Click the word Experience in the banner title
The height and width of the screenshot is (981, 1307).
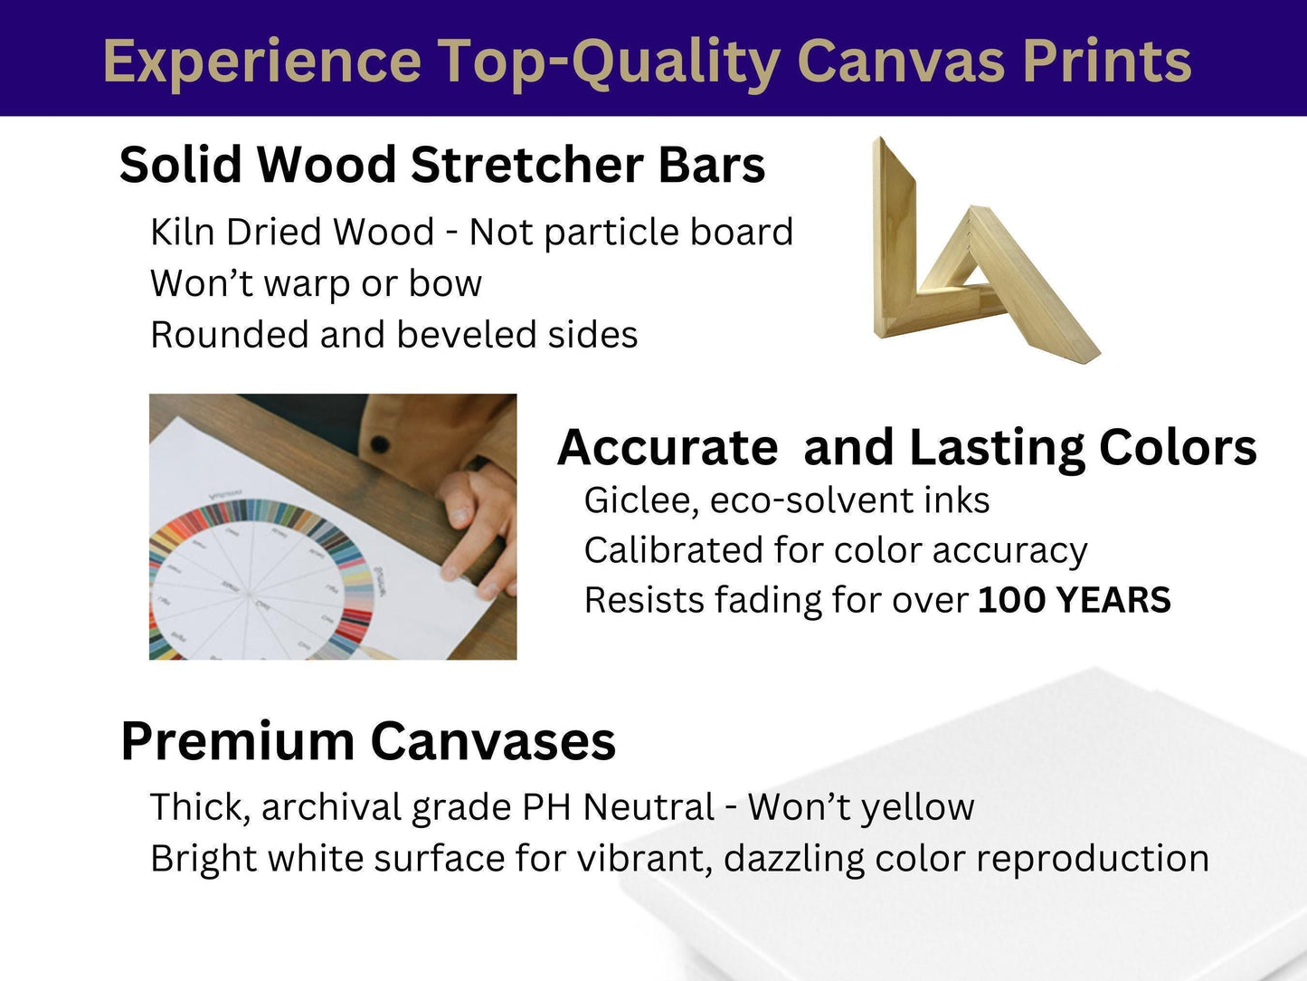tap(262, 62)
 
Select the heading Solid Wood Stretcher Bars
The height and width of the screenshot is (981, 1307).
tap(441, 165)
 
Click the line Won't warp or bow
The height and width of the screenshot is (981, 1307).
tap(316, 283)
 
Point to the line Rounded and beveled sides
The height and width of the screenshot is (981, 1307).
tap(394, 334)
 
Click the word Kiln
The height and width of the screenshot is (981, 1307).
tap(182, 231)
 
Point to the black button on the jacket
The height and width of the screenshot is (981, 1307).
tap(380, 443)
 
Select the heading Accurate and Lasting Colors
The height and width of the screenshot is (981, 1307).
tap(907, 447)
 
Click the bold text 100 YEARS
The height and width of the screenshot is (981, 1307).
tap(1075, 599)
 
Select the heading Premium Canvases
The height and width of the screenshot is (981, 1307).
tap(368, 741)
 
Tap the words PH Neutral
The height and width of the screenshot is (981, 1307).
tap(618, 807)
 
